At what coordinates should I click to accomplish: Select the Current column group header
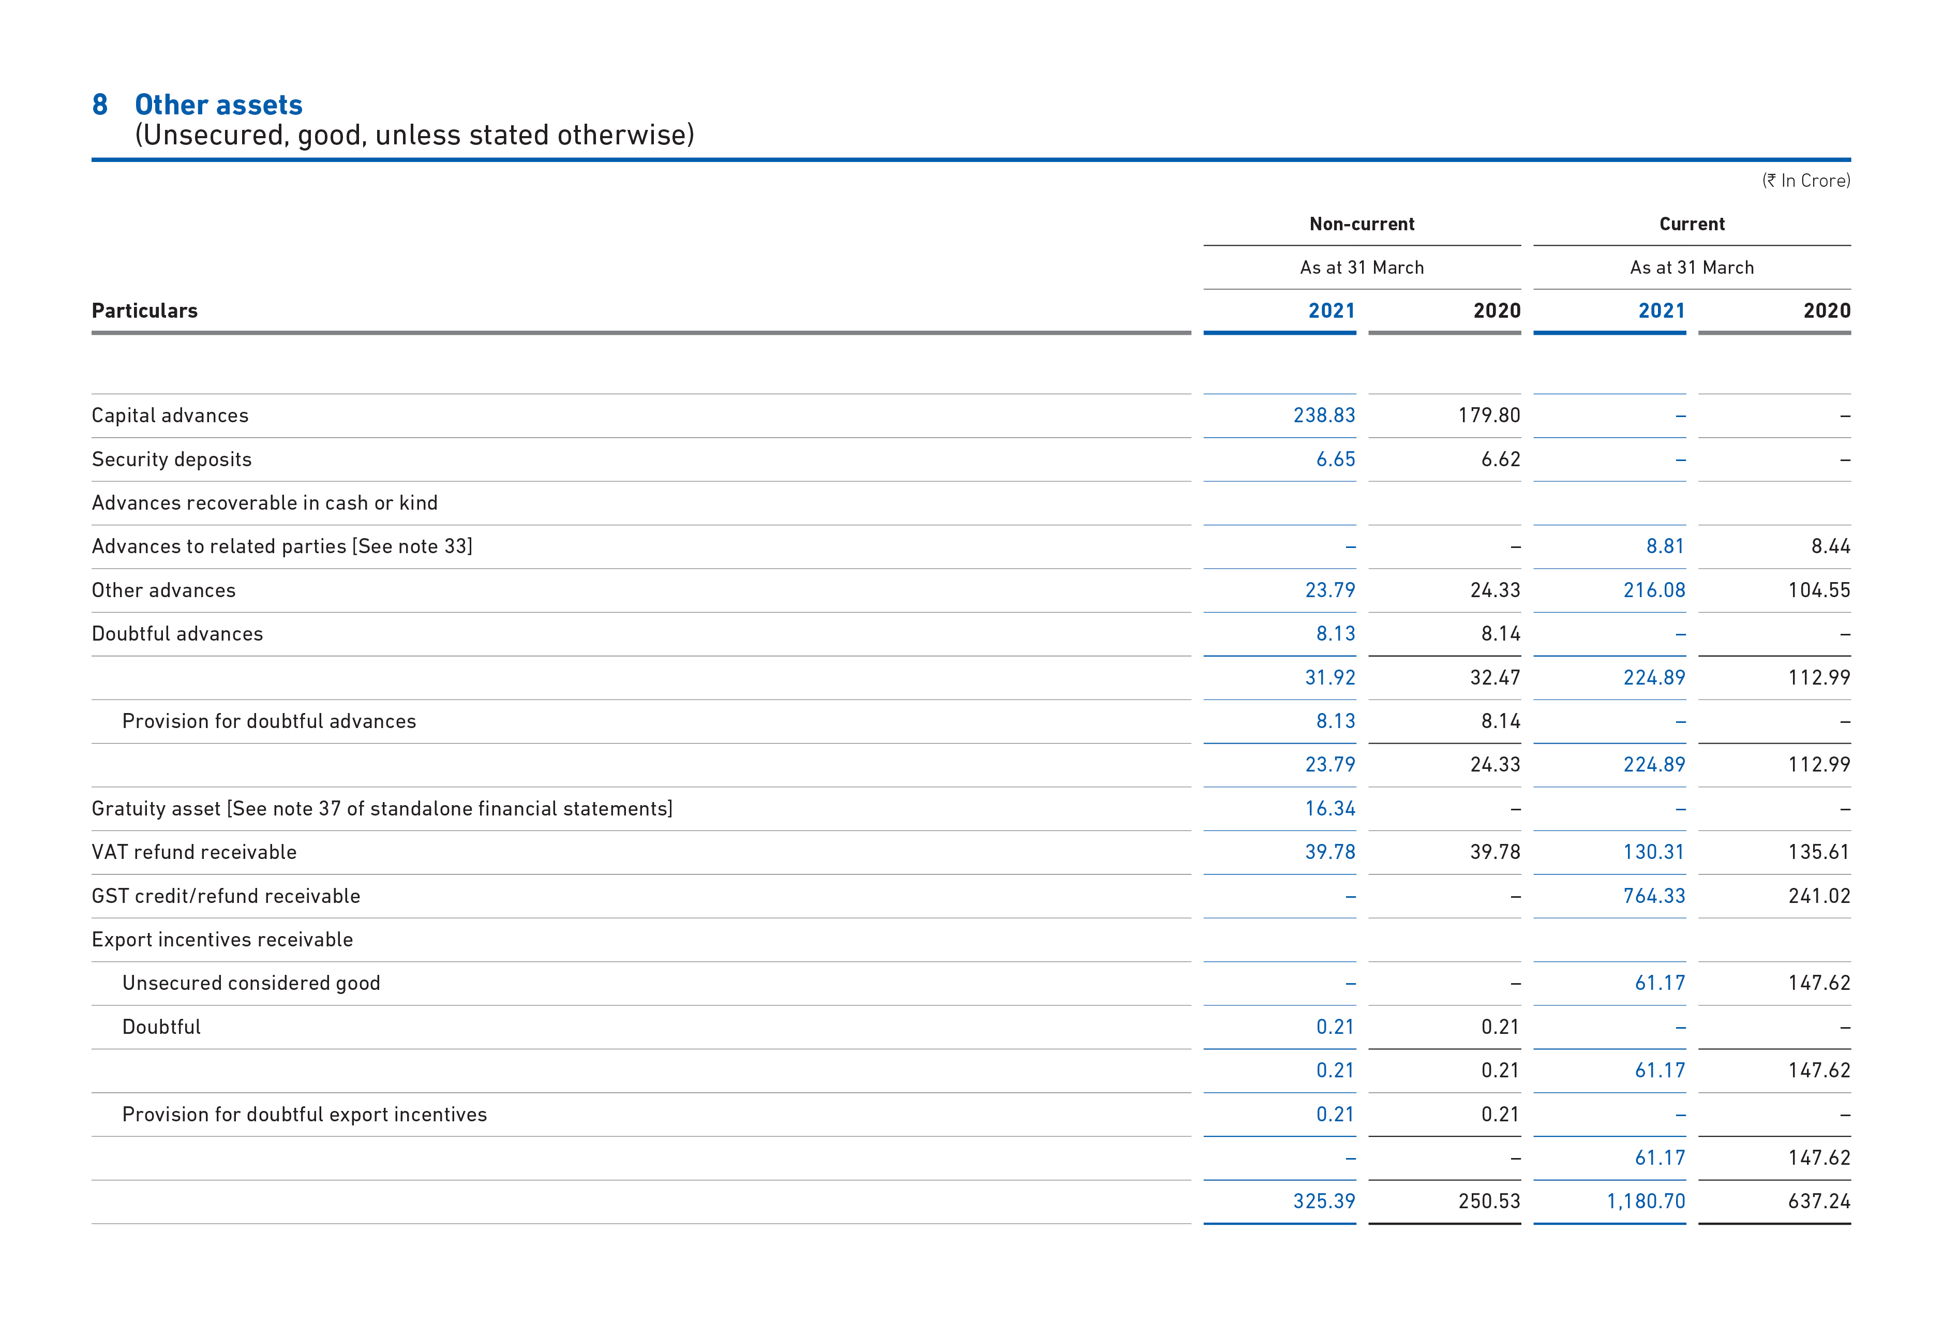click(1692, 224)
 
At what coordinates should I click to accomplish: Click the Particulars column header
click(145, 311)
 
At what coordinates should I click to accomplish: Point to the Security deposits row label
click(171, 459)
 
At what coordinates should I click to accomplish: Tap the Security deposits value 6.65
click(1335, 459)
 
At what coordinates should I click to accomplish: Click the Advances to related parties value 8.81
click(1665, 546)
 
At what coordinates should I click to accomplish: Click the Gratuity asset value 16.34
click(1329, 809)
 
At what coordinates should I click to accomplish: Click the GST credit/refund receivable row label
click(226, 896)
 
